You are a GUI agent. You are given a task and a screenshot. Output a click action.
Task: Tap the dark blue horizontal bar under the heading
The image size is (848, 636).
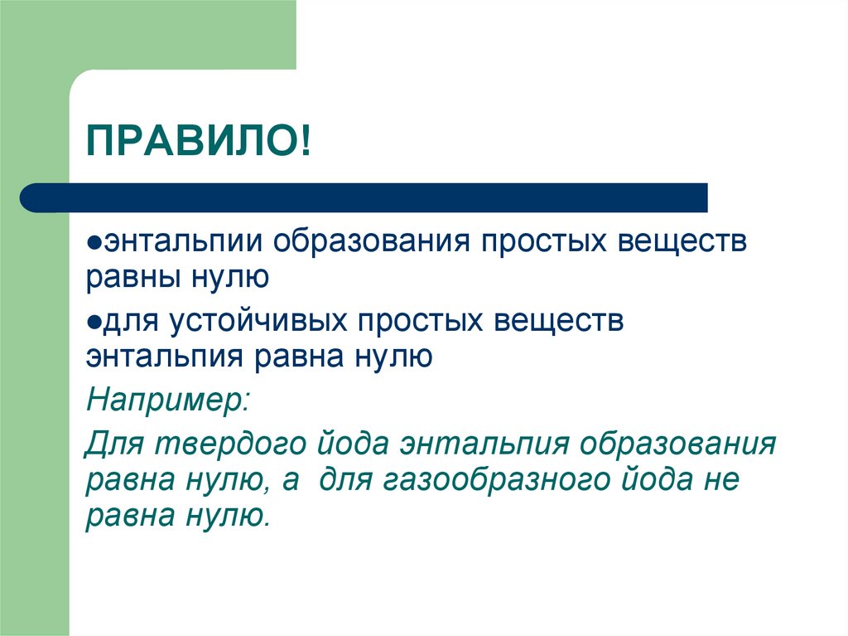pyautogui.click(x=364, y=197)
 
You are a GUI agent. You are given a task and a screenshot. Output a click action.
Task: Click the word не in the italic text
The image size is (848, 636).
pyautogui.click(x=718, y=481)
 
